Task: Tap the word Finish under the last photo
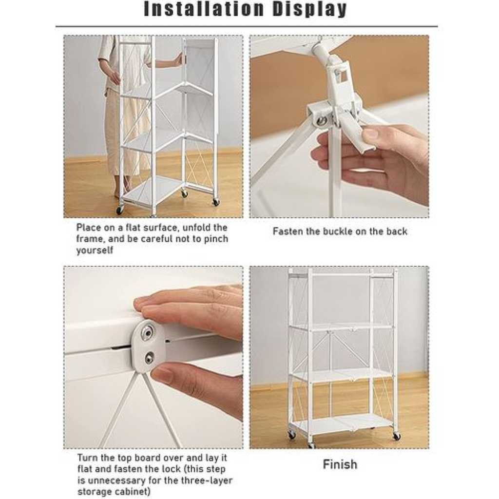[340, 464]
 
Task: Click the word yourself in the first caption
[95, 250]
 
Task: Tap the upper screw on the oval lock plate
[147, 332]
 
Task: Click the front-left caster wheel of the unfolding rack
[120, 210]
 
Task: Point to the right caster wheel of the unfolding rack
[216, 202]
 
